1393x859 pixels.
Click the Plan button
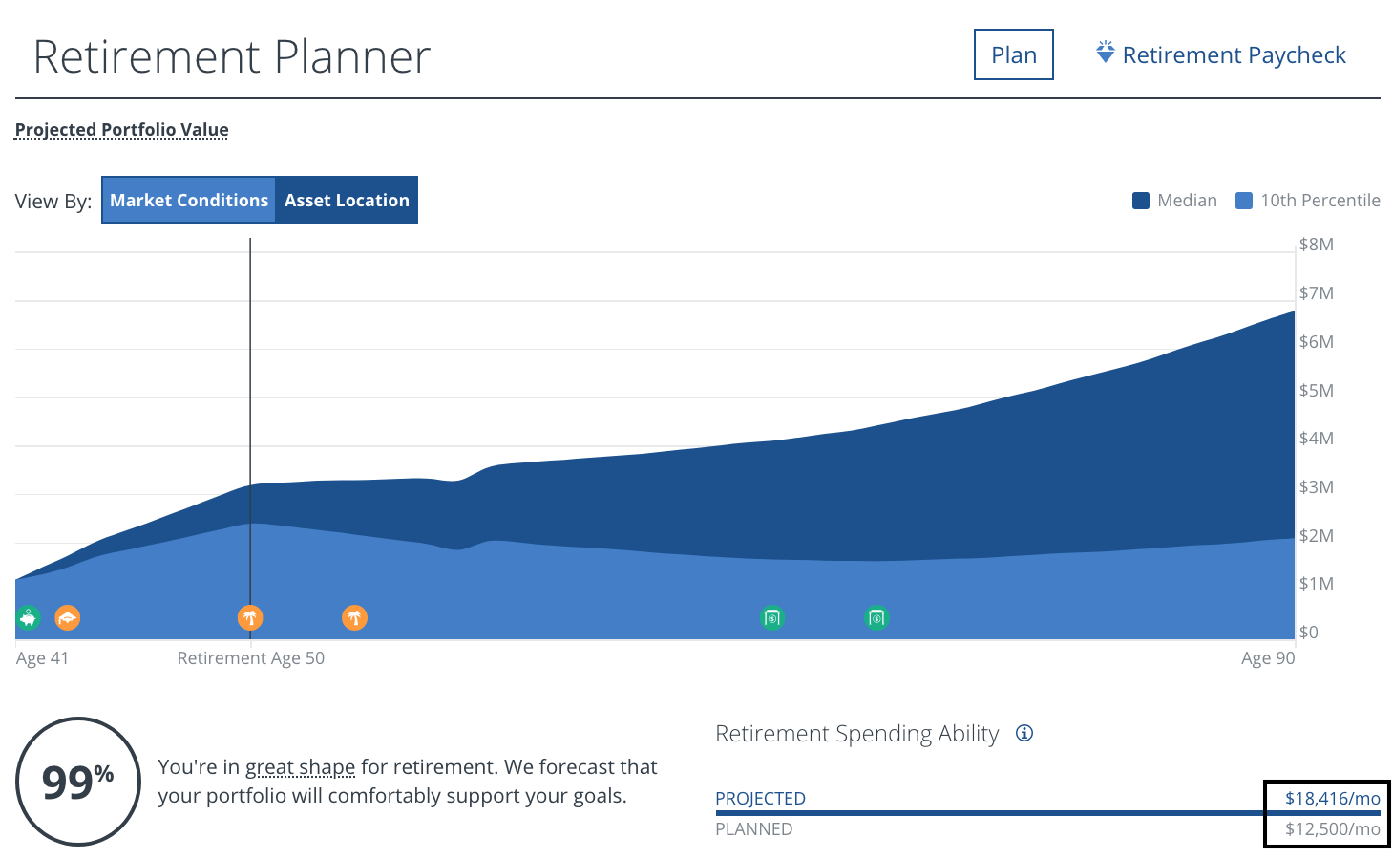pyautogui.click(x=1013, y=55)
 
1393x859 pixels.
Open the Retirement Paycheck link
pyautogui.click(x=1234, y=55)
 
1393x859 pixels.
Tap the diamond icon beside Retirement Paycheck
pyautogui.click(x=1105, y=53)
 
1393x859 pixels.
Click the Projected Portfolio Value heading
pyautogui.click(x=122, y=130)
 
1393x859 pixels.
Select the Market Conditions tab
pyautogui.click(x=189, y=201)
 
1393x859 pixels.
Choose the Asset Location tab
pyautogui.click(x=347, y=201)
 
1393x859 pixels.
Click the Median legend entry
pyautogui.click(x=1175, y=201)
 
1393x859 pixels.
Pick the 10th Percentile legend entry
pyautogui.click(x=1309, y=201)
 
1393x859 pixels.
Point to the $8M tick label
pyautogui.click(x=1317, y=245)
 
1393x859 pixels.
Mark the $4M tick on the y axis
pyautogui.click(x=1317, y=439)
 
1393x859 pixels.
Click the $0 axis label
pyautogui.click(x=1308, y=633)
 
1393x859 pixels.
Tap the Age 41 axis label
pyautogui.click(x=43, y=658)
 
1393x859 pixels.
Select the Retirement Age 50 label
pyautogui.click(x=251, y=658)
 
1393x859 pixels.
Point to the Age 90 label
pyautogui.click(x=1268, y=658)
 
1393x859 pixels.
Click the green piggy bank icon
pyautogui.click(x=29, y=618)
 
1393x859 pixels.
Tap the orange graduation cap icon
pyautogui.click(x=67, y=618)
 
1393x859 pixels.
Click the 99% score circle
pyautogui.click(x=78, y=782)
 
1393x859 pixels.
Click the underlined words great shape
pyautogui.click(x=300, y=767)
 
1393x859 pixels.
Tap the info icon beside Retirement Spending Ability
pyautogui.click(x=1024, y=734)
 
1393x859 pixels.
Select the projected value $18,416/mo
pyautogui.click(x=1332, y=799)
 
